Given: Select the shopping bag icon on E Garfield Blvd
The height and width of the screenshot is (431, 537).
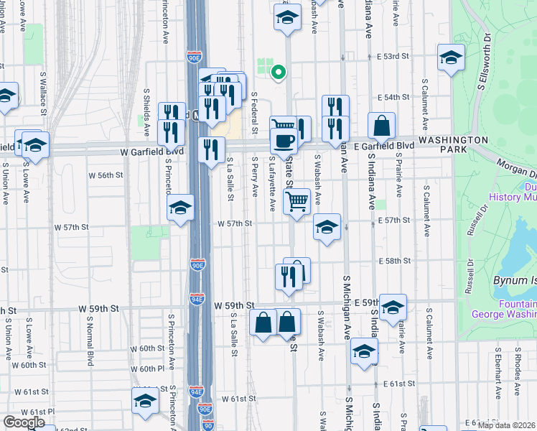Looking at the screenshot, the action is pos(382,126).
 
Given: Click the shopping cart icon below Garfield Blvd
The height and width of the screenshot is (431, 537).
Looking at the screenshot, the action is pos(297,200).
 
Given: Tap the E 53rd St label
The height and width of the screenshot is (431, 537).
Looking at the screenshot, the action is pos(392,55).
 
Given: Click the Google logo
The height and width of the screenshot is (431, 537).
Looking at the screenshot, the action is pos(24,422).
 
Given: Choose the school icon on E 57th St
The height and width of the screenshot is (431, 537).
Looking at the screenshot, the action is pos(327,228).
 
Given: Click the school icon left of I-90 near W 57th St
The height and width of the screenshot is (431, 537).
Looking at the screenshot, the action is pos(181,208).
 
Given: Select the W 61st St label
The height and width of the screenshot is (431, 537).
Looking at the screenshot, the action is pos(239,399).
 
